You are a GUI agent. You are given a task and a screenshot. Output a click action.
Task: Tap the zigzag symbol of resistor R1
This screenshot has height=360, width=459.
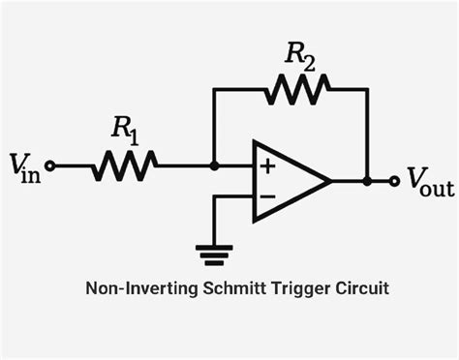coord(123,166)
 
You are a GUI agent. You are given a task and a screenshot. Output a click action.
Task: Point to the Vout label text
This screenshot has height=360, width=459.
coord(430,180)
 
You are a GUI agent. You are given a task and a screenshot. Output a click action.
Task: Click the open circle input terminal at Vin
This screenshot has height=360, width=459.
coord(51,166)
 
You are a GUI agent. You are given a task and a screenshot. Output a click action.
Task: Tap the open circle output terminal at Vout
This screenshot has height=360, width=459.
coord(394,180)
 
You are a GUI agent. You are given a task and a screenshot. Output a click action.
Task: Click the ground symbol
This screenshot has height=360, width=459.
coord(214,255)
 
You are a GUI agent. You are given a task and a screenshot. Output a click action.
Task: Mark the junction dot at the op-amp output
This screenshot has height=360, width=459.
coord(367,180)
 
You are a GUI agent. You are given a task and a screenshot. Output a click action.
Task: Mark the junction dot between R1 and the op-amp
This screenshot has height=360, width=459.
coord(214,166)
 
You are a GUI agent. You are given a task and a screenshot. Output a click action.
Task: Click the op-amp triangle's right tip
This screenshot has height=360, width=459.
coord(331,180)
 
